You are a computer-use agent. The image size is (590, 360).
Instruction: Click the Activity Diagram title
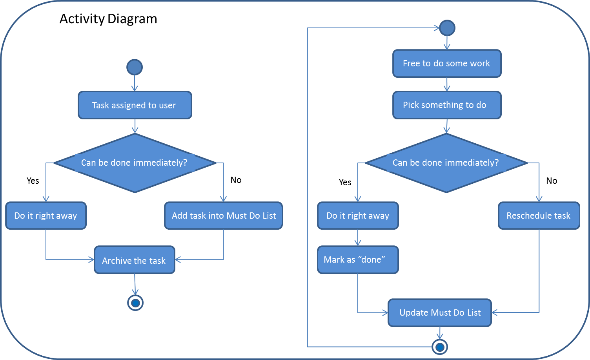coord(108,19)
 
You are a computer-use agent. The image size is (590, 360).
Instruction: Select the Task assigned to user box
coord(135,105)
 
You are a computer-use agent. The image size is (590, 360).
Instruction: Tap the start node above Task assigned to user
coord(135,67)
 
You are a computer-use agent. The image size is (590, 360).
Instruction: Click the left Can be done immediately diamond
coord(135,163)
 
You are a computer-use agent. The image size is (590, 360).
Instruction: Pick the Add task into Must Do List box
coord(223,216)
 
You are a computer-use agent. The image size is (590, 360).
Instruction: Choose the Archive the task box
coord(135,260)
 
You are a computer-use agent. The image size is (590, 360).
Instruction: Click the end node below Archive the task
coord(135,303)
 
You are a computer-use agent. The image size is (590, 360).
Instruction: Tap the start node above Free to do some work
coord(447,28)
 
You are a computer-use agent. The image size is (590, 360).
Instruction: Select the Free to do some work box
coord(447,63)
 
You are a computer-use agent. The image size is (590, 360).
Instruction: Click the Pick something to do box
coord(447,105)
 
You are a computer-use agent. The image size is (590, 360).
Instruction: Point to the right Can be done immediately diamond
coord(446,163)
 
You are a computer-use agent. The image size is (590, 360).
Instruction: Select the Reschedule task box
coord(539,216)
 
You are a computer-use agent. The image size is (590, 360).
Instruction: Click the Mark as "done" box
coord(358,259)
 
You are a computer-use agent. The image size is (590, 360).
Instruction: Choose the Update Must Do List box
coord(440,312)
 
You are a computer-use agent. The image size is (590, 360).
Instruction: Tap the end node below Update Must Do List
coord(440,347)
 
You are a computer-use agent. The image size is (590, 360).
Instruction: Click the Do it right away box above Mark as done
coord(358,216)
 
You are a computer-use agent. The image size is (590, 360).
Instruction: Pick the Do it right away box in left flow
coord(46,216)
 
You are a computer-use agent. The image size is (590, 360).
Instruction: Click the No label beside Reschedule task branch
coord(552,181)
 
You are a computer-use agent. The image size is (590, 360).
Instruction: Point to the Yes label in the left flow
coord(33,181)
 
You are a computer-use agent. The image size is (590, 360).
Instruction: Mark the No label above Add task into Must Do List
coord(236,180)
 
